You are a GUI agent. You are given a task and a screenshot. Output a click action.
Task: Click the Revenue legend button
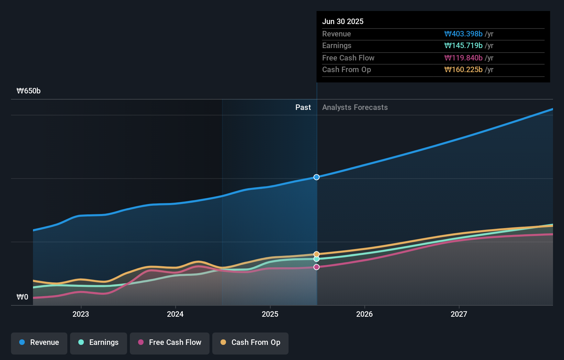39,343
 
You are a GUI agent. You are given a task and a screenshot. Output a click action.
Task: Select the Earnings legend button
99,343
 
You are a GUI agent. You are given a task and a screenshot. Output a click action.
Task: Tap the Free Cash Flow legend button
170,343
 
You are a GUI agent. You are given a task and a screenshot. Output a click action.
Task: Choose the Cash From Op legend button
250,343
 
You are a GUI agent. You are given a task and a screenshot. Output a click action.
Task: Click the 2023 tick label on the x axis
81,314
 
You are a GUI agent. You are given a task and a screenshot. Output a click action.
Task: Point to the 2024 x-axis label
175,314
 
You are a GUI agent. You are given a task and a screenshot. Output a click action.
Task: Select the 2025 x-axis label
270,314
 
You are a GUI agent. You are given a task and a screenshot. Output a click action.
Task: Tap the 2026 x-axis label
364,314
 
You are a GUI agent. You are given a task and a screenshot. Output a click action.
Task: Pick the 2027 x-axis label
459,314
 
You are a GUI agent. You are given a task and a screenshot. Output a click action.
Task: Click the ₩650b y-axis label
29,91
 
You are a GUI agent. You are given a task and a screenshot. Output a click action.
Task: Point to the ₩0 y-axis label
22,297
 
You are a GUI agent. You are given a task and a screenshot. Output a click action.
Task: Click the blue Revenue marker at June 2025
317,177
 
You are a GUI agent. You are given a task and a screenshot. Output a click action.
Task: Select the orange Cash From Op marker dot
317,254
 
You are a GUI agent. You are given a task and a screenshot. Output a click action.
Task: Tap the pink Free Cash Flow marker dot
317,267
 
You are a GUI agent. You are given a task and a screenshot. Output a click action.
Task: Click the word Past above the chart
303,108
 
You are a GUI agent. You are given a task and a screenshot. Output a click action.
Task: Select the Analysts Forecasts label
355,108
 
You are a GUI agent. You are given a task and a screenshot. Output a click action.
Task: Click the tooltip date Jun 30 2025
343,22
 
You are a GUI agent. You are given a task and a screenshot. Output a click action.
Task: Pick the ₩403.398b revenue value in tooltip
463,34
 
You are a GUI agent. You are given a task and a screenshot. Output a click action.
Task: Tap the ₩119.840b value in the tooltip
463,58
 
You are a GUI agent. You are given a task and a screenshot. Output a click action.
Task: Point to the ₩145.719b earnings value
463,46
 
